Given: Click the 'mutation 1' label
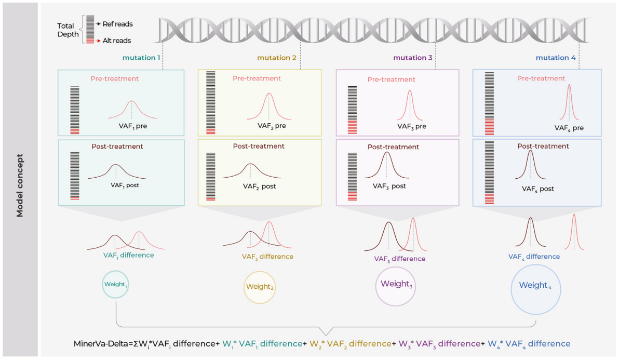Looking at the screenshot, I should click(x=141, y=58).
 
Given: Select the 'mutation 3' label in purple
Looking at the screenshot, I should click(x=413, y=58).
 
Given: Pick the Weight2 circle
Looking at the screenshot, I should click(x=259, y=286).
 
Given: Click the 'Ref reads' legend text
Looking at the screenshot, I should click(x=118, y=24).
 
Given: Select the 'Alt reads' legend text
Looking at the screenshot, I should click(x=117, y=41).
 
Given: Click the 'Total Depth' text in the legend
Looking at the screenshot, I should click(x=68, y=30).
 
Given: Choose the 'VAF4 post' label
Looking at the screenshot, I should click(x=538, y=189).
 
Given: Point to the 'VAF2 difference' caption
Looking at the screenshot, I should click(x=267, y=257).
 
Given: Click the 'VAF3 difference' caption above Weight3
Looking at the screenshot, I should click(x=399, y=259).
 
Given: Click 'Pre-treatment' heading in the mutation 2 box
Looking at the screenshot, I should click(x=257, y=78).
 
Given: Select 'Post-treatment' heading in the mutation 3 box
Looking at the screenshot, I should click(x=393, y=147).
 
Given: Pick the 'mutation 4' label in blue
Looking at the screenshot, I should click(x=556, y=58).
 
